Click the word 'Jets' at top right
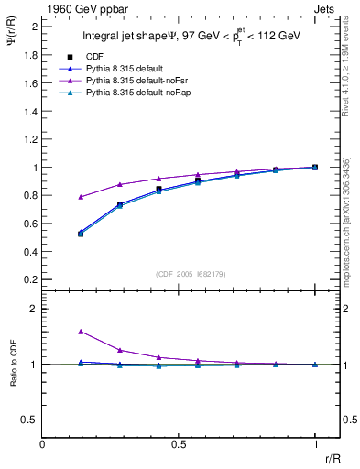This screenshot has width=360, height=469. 326,8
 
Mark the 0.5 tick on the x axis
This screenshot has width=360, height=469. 179,444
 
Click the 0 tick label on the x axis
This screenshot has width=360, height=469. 43,444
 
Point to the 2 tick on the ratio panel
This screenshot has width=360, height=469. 34,310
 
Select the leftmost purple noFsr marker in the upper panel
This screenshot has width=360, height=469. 82,197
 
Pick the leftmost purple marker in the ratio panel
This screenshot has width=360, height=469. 82,332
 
